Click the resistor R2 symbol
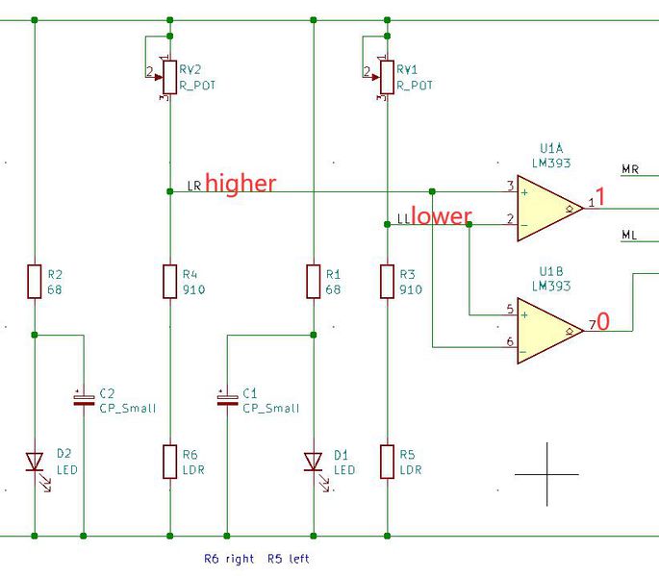pyautogui.click(x=35, y=281)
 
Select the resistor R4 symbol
pyautogui.click(x=169, y=281)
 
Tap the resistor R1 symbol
pyautogui.click(x=314, y=281)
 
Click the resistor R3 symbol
pyautogui.click(x=387, y=281)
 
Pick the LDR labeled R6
pyautogui.click(x=169, y=462)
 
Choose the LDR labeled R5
pyautogui.click(x=387, y=462)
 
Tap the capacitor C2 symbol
pyautogui.click(x=84, y=397)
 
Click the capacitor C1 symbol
pyautogui.click(x=227, y=397)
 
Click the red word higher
pyautogui.click(x=241, y=183)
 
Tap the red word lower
pyautogui.click(x=442, y=216)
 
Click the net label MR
pyautogui.click(x=630, y=170)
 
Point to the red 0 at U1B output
pyautogui.click(x=603, y=322)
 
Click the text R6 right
pyautogui.click(x=229, y=559)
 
